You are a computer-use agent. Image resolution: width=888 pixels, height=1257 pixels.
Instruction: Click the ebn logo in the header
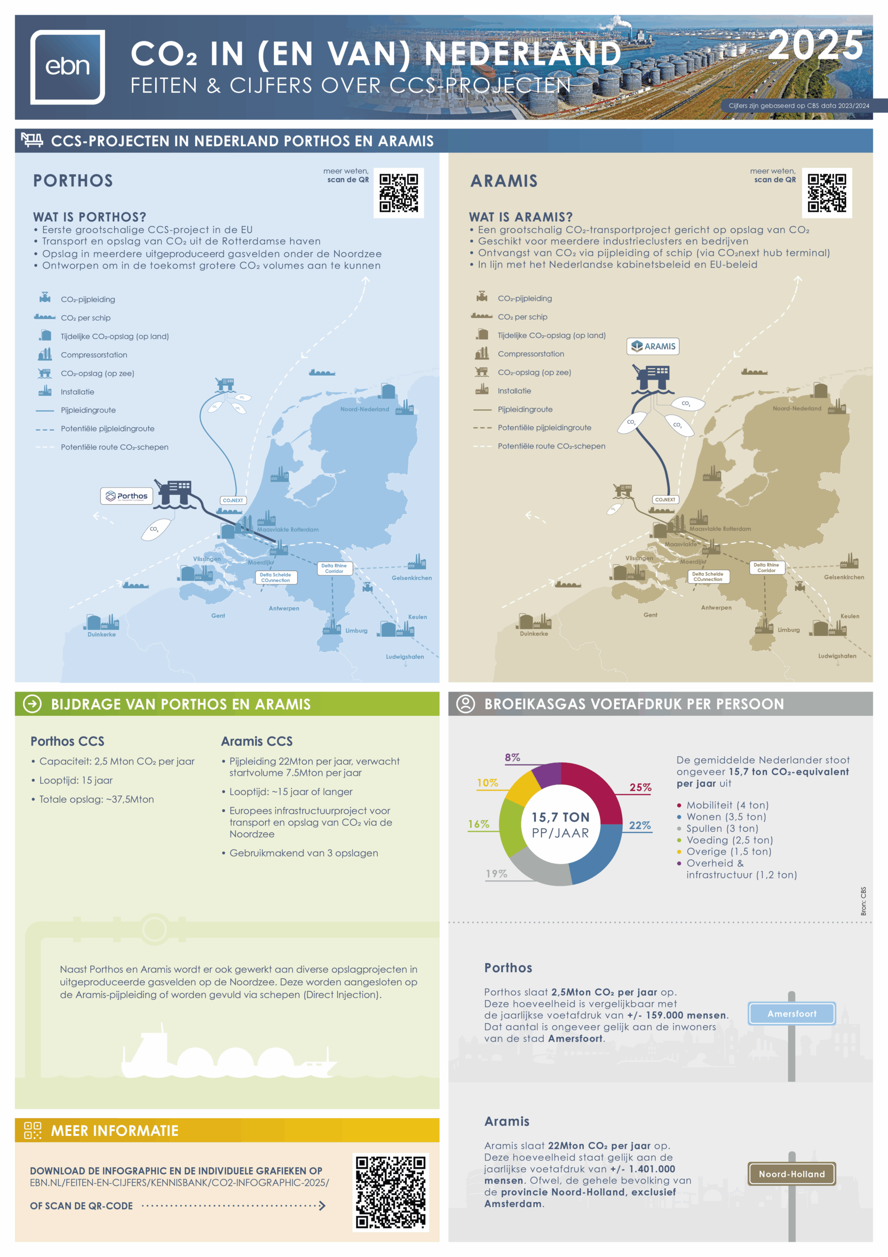coord(67,67)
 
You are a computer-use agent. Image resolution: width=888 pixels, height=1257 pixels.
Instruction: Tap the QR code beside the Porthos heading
coord(398,192)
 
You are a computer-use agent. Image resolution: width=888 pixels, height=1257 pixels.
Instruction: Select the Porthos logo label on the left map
coord(127,496)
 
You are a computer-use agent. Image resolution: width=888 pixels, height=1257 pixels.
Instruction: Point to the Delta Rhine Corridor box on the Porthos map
coord(334,568)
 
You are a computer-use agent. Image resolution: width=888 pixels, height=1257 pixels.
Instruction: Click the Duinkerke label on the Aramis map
coord(533,633)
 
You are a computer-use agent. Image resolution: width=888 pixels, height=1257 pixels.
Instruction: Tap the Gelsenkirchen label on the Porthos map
coord(412,577)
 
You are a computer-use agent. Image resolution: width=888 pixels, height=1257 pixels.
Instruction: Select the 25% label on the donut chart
coord(640,787)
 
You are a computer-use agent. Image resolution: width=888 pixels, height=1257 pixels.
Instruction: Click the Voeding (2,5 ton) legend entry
coord(730,840)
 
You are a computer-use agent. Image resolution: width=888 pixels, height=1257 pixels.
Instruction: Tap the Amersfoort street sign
coord(791,1014)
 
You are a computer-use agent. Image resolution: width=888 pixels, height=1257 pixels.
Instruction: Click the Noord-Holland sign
coord(791,1175)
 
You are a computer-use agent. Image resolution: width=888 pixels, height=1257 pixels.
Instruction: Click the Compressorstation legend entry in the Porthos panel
coord(94,355)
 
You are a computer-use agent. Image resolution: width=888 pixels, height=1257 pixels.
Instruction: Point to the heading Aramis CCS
coord(257,741)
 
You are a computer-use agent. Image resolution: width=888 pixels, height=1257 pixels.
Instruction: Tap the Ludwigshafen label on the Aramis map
coord(836,656)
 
